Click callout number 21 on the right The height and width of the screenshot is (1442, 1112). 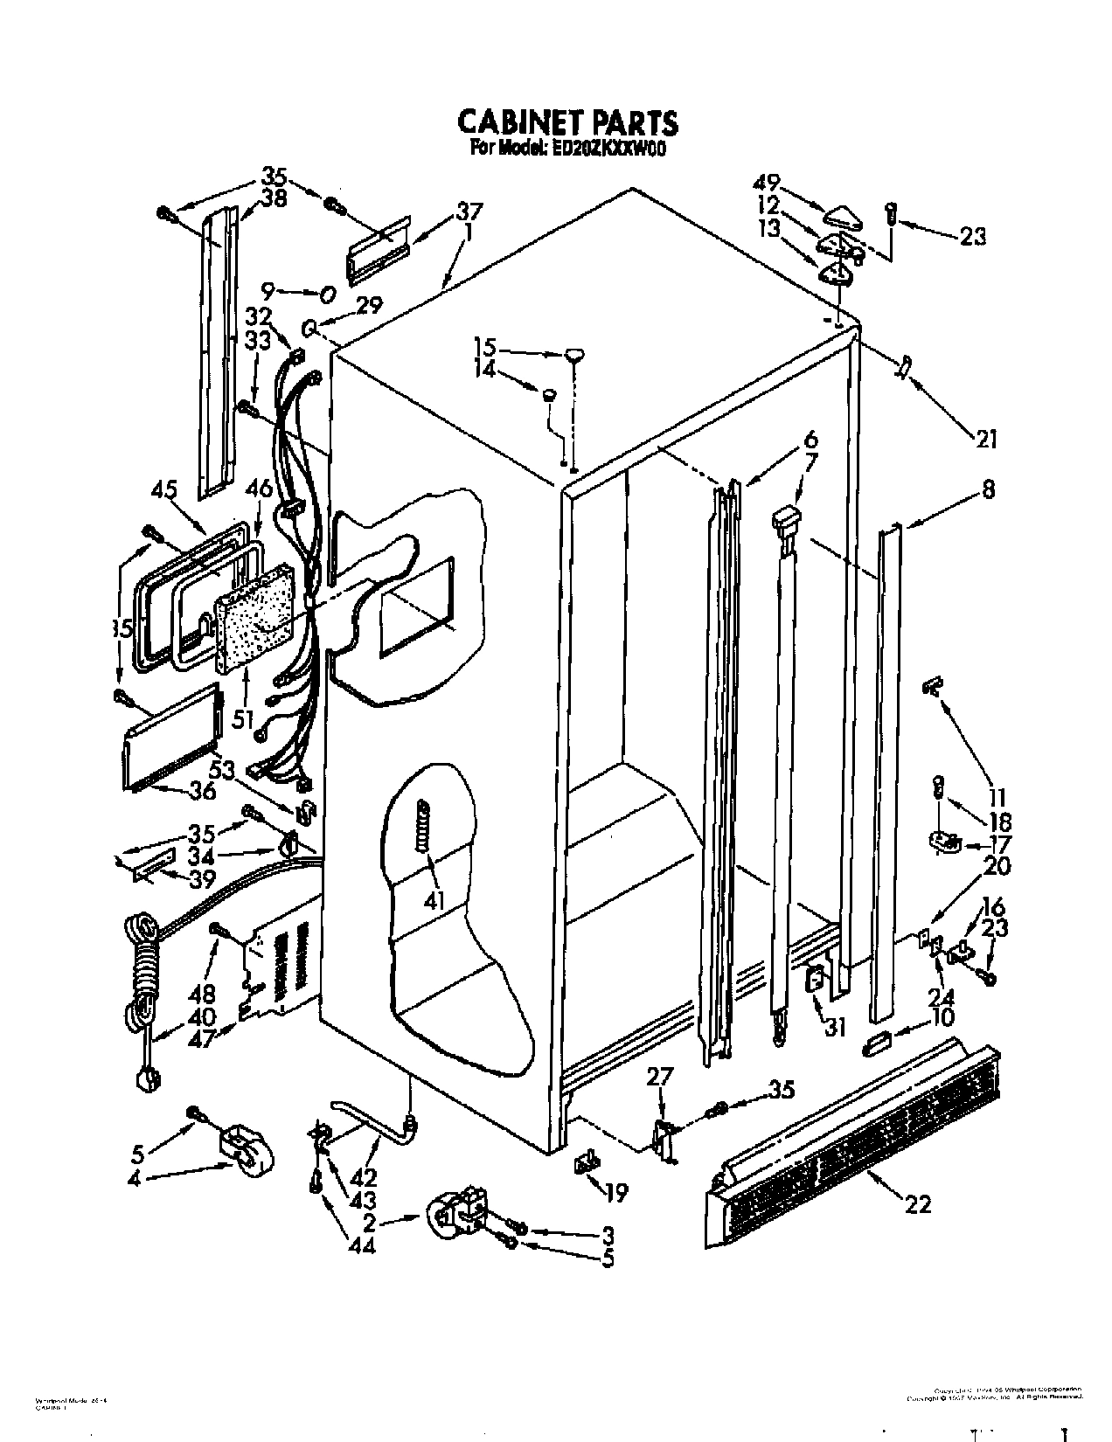pyautogui.click(x=985, y=440)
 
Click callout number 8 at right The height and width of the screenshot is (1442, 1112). pyautogui.click(x=988, y=490)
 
